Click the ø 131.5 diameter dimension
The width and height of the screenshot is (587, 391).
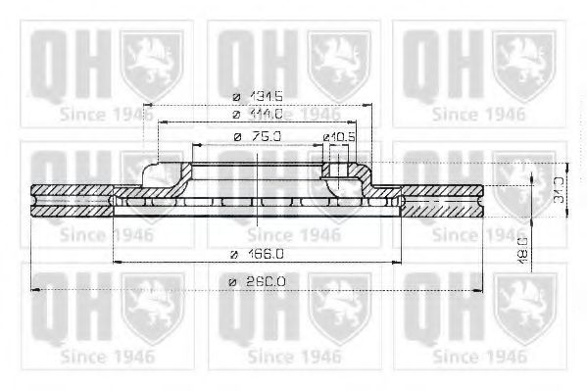coord(257,95)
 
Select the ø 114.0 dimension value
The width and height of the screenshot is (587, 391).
coord(257,116)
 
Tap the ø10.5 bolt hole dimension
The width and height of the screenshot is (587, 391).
coord(337,135)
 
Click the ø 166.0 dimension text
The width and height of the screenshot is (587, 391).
coord(257,253)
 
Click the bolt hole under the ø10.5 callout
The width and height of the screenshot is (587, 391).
coord(338,177)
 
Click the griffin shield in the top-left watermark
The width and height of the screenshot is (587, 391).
coord(153,61)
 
